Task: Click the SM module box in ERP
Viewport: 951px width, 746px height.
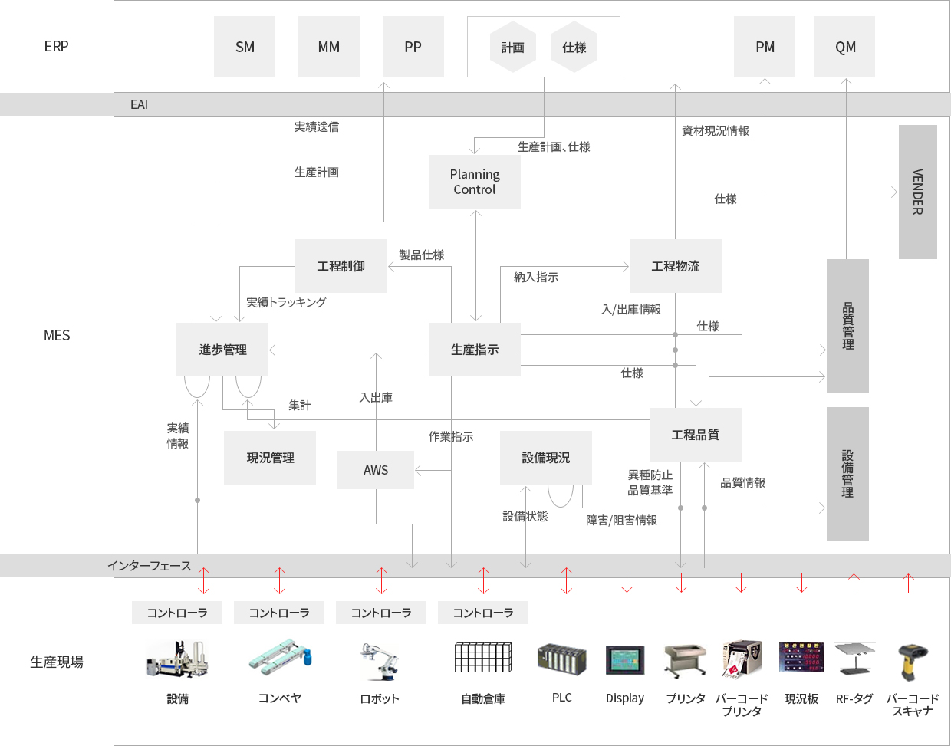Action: click(244, 47)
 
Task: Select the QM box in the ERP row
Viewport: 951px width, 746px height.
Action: click(844, 47)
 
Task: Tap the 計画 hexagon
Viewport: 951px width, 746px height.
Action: click(513, 47)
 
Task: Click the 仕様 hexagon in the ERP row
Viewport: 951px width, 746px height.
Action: click(574, 47)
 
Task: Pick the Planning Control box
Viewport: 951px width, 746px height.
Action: click(475, 182)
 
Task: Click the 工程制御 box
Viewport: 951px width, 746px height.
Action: click(341, 266)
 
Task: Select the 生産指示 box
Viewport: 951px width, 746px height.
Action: click(475, 350)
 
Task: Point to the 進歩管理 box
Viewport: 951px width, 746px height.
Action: click(222, 350)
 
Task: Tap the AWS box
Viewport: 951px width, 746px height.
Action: click(376, 470)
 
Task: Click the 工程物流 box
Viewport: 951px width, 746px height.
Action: click(675, 266)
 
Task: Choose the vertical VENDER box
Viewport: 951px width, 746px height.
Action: click(918, 192)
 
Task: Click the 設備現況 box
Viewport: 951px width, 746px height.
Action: click(546, 458)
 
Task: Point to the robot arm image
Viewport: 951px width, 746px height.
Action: click(379, 661)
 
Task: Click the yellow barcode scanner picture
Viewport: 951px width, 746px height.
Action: click(912, 662)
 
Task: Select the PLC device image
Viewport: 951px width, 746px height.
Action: click(562, 659)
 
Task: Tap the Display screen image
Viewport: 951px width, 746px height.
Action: click(625, 660)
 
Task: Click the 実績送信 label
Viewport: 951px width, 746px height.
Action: click(317, 127)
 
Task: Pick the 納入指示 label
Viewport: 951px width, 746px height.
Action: click(536, 277)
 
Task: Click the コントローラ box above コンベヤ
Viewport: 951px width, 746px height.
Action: click(279, 613)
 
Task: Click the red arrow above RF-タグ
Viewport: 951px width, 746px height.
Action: click(854, 583)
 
